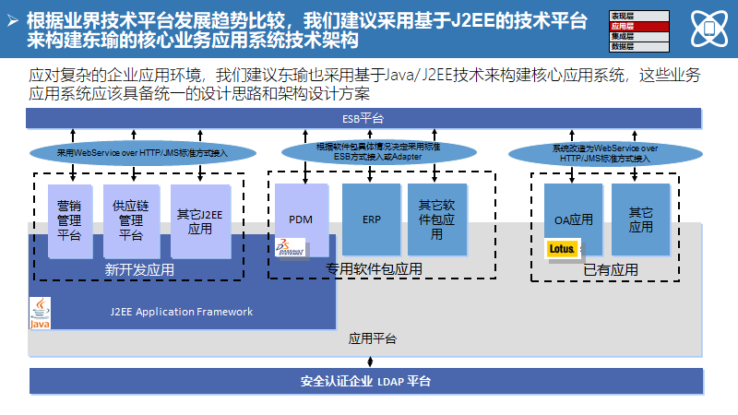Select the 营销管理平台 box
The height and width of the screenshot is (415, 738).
click(69, 220)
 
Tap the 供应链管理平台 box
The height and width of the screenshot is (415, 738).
click(131, 220)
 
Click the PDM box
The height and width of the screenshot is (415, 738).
click(301, 219)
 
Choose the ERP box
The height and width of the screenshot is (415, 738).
click(371, 219)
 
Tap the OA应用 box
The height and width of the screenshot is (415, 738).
click(573, 220)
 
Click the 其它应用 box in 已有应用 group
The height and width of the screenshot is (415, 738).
click(641, 219)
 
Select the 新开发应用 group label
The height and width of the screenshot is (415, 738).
click(139, 270)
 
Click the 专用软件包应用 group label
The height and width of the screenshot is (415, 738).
click(374, 269)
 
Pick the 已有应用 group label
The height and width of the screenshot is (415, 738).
click(610, 270)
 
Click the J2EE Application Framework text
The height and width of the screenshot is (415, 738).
click(174, 312)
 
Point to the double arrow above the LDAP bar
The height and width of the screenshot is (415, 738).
click(370, 361)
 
